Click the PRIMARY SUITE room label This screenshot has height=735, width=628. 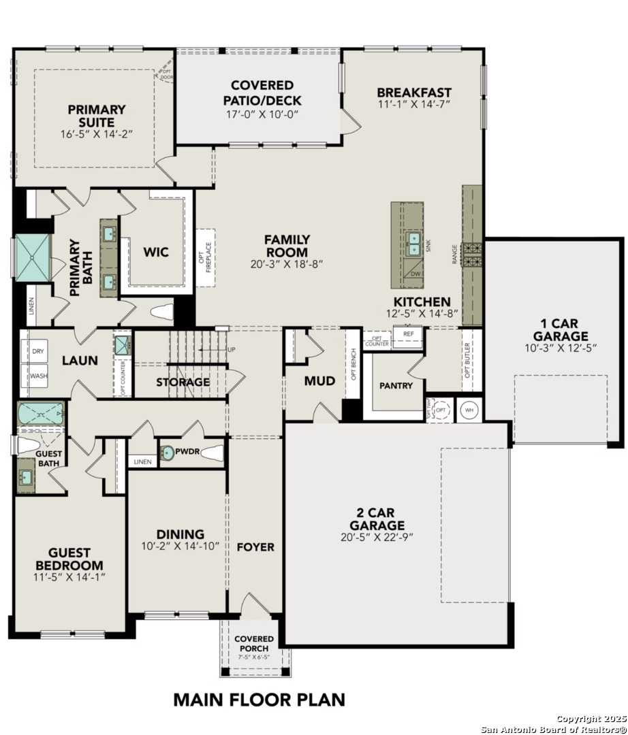click(96, 115)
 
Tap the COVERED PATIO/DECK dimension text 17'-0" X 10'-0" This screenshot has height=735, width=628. click(262, 114)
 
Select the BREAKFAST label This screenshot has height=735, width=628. click(413, 93)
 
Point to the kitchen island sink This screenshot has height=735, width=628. click(413, 243)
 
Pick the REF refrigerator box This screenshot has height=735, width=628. click(407, 335)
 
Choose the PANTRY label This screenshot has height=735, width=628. click(396, 385)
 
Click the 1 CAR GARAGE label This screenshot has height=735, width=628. click(560, 329)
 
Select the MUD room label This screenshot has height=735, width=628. click(319, 381)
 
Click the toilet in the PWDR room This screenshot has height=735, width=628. click(212, 451)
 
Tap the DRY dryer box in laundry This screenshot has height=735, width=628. click(39, 352)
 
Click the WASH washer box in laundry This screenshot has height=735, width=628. click(39, 375)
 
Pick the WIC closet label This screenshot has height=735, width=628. click(155, 252)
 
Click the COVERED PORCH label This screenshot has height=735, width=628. click(254, 644)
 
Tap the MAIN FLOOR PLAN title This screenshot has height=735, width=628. click(259, 699)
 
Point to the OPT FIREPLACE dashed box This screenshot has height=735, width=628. click(206, 252)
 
